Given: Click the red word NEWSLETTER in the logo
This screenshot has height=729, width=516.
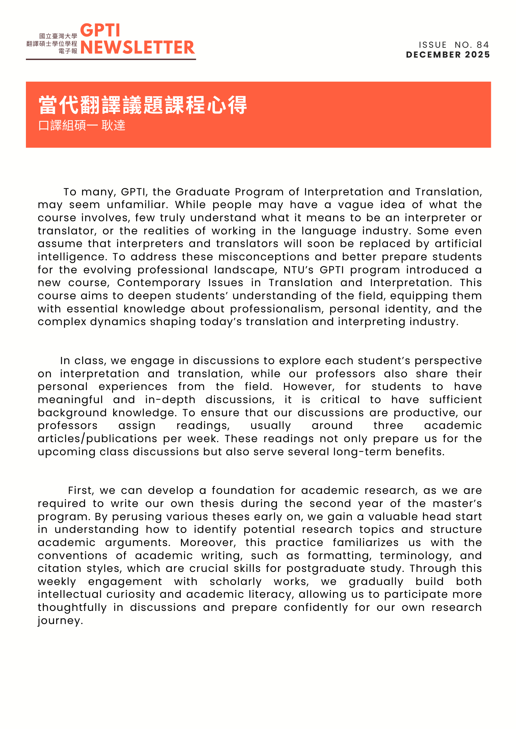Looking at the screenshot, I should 138,47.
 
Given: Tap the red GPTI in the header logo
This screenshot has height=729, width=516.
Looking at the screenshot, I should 100,31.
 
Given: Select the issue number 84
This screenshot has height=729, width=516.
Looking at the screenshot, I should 483,45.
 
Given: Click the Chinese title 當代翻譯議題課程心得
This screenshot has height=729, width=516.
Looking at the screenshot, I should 143,105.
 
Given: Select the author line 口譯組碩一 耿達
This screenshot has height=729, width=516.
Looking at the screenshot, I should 82,125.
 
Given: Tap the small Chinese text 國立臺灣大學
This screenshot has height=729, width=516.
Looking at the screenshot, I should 58,36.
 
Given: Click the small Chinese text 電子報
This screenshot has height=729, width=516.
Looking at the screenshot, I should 68,51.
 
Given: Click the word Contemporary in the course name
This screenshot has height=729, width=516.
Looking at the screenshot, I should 159,282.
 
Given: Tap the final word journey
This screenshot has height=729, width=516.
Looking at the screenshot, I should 60,620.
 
